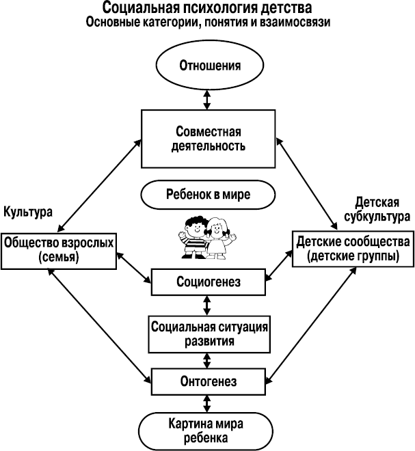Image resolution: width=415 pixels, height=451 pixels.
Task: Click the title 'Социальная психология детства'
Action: [207, 8]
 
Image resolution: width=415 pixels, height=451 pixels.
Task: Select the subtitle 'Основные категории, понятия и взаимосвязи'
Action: [207, 23]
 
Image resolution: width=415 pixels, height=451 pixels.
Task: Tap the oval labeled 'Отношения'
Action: [207, 66]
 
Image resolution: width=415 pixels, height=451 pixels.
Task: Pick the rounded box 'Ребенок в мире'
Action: [207, 193]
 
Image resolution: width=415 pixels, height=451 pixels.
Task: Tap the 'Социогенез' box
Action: [207, 280]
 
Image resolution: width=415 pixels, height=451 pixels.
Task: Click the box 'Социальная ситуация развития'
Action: [207, 331]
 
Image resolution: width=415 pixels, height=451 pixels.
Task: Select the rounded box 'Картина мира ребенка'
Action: [207, 428]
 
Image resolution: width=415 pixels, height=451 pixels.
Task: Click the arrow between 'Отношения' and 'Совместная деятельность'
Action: [207, 99]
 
